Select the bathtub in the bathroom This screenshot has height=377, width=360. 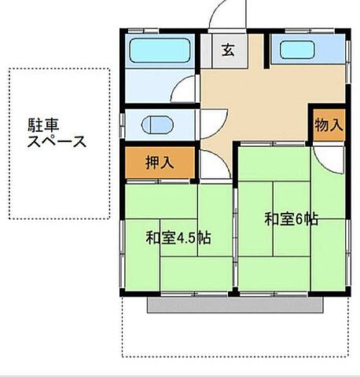pos(160,51)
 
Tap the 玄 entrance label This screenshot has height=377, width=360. pos(228,51)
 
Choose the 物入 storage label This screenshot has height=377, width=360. pos(328,125)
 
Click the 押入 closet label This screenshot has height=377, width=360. pos(160,163)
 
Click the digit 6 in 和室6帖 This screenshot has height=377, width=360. pos(301,219)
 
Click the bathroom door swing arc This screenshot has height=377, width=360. pos(186,90)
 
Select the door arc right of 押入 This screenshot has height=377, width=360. pos(209,165)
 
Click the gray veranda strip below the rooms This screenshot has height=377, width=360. pos(236,305)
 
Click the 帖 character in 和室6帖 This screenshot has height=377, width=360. pos(312,219)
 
